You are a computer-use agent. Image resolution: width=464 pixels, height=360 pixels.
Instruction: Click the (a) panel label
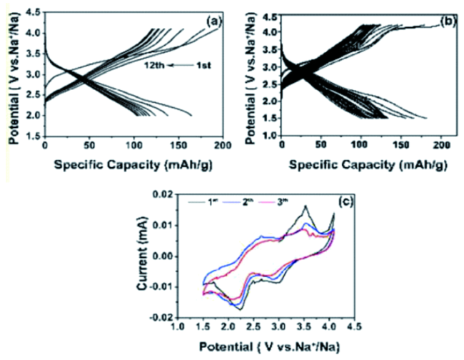211,21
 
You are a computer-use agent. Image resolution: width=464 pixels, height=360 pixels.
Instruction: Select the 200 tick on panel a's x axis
222,144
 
